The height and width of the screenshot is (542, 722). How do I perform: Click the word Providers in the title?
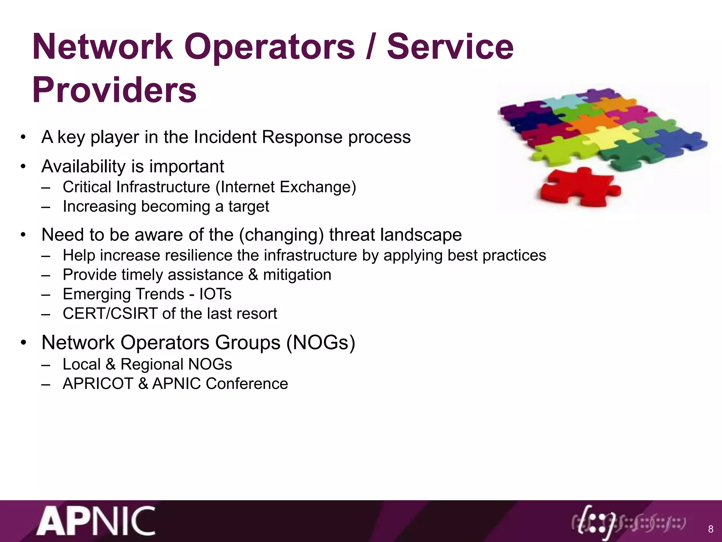coord(114,90)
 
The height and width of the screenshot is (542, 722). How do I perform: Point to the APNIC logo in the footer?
coord(96,521)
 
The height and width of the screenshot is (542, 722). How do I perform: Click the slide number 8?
coord(710,529)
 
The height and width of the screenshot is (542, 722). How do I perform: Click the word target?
coord(249,207)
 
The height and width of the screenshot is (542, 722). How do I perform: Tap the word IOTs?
coord(215,294)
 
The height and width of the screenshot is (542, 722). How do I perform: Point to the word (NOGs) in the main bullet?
coord(320,342)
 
